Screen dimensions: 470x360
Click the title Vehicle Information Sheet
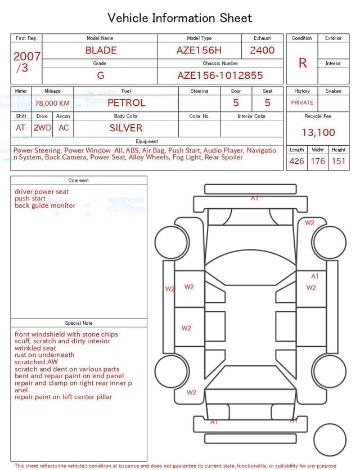pos(180,18)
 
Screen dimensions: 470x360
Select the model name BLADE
pos(101,50)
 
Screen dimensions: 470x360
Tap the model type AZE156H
pos(199,50)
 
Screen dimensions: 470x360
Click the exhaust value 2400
pos(262,50)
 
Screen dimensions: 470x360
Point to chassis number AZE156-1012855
pos(220,75)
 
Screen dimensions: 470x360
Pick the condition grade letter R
pos(302,63)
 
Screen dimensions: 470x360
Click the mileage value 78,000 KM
pos(52,104)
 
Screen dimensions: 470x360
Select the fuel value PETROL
pos(126,103)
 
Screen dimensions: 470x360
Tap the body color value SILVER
pos(126,128)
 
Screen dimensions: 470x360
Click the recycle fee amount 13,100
pos(318,132)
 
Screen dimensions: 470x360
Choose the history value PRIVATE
pos(302,103)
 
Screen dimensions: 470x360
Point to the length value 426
pos(296,162)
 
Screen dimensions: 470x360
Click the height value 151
pos(338,162)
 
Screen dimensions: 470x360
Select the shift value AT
pos(21,128)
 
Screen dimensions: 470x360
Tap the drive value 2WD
pos(42,128)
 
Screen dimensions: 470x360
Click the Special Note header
pos(79,323)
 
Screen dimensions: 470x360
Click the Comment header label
pos(79,181)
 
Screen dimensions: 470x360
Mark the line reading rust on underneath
pos(44,355)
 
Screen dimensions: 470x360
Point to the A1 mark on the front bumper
pos(255,198)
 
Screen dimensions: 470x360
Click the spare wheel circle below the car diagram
pos(330,440)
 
